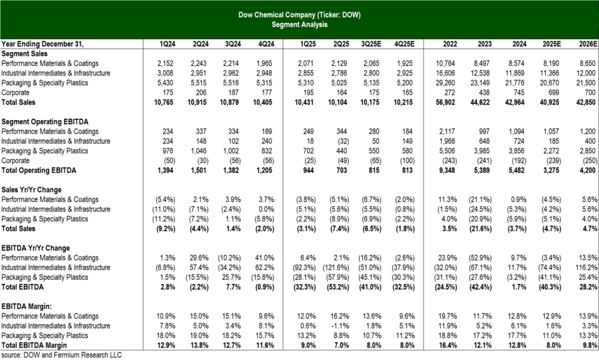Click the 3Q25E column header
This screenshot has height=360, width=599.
click(371, 44)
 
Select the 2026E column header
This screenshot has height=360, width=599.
click(587, 44)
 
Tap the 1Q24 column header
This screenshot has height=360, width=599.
click(167, 44)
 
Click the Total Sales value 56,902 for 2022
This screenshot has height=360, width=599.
click(445, 102)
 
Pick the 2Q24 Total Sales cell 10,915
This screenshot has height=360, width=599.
click(197, 102)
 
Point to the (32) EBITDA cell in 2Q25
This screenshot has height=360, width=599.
click(341, 142)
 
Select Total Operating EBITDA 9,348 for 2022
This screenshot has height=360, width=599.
click(447, 170)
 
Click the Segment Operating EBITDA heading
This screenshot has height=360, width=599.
click(45, 122)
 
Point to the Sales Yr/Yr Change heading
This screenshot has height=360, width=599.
click(32, 190)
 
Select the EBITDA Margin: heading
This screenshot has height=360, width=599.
click(27, 307)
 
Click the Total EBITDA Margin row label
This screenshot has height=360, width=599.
click(34, 345)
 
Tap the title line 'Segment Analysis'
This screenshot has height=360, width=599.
click(299, 25)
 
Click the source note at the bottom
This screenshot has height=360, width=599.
click(61, 355)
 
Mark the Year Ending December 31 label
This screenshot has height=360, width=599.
click(42, 44)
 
